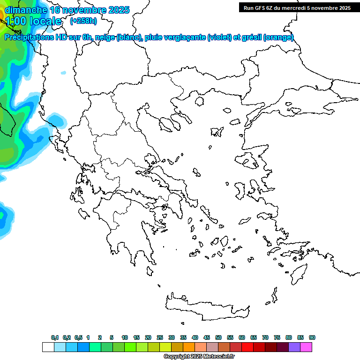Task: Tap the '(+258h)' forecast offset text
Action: coord(83,21)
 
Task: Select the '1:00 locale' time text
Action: coord(33,21)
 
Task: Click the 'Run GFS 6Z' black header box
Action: coord(297,7)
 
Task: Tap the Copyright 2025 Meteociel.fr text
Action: coord(199,357)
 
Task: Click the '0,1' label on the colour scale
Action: coord(55,337)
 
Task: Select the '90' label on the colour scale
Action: coord(312,337)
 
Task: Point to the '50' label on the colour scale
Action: coord(218,337)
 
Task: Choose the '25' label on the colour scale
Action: coord(160,337)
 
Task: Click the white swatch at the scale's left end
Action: coord(48,347)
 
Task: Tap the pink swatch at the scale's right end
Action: coord(307,347)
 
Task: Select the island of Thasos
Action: coord(199,101)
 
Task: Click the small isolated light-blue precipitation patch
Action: coord(63,73)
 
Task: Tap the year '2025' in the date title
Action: coord(119,10)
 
